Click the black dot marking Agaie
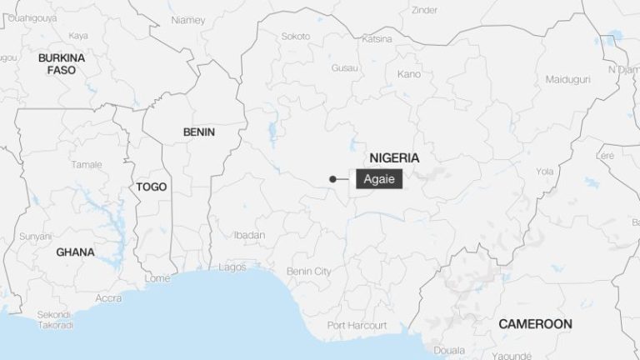[x=332, y=178]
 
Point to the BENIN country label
[x=198, y=132]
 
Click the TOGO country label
[x=152, y=187]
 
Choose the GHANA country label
[x=75, y=252]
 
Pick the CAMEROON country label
[x=535, y=323]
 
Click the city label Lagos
[x=232, y=267]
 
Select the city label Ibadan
[x=249, y=235]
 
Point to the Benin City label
[x=308, y=271]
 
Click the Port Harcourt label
[x=354, y=324]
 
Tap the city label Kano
[x=409, y=74]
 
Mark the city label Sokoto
[x=295, y=37]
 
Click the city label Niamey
[x=187, y=19]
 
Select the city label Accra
[x=108, y=297]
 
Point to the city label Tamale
[x=86, y=164]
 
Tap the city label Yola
[x=544, y=172]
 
